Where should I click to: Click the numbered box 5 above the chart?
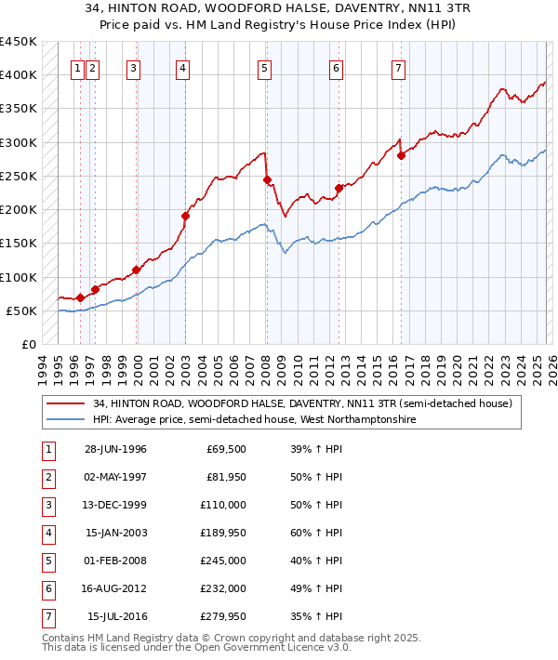point(265,67)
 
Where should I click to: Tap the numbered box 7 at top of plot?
point(398,67)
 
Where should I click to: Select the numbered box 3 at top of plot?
point(134,67)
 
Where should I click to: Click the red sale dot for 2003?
point(185,216)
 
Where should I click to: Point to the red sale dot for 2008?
point(267,179)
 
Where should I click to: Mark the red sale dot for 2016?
point(401,155)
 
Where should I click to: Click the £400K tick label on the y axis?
point(19,75)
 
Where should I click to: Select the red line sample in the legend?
point(67,404)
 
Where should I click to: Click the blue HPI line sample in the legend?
point(67,420)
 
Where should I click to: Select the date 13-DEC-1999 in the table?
point(115,505)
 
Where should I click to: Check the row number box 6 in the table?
point(47,588)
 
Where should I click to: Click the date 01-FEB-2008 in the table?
point(115,561)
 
